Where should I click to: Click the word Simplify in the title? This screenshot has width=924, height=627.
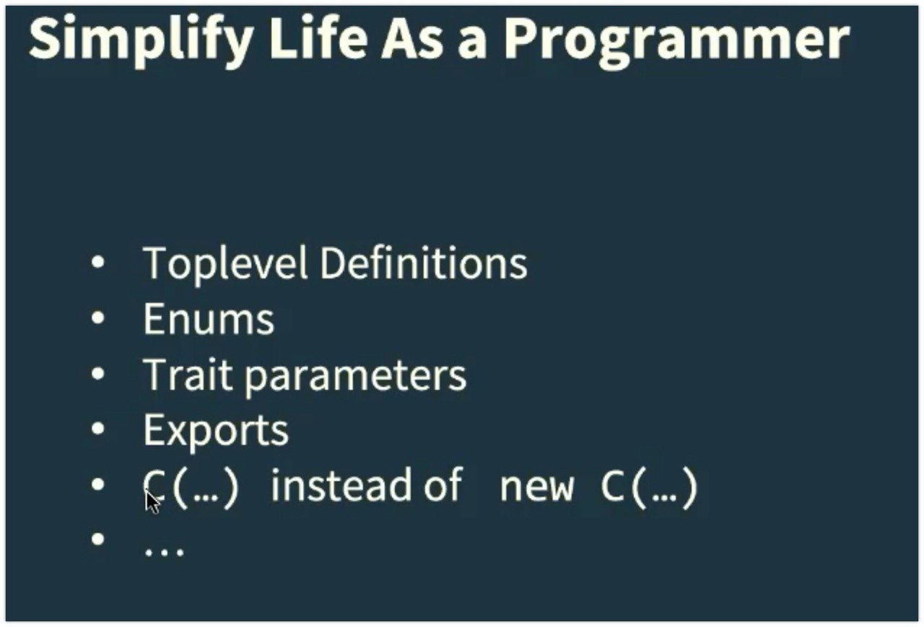tap(141, 40)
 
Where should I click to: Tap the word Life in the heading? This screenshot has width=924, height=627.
tap(318, 38)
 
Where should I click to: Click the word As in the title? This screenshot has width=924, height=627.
tap(412, 39)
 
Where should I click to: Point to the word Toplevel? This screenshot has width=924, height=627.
tap(225, 263)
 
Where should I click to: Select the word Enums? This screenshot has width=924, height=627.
tap(209, 320)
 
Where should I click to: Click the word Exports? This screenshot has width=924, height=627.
tap(216, 431)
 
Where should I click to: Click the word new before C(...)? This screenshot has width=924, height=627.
tap(536, 488)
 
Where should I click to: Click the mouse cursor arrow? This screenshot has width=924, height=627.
tap(152, 500)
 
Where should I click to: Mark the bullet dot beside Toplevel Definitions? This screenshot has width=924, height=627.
tap(97, 262)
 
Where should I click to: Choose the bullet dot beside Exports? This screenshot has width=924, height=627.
tap(97, 429)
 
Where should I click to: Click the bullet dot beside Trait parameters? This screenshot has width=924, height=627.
tap(97, 374)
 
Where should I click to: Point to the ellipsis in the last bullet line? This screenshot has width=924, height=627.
tap(164, 552)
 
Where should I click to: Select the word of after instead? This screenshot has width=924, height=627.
tap(443, 484)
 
